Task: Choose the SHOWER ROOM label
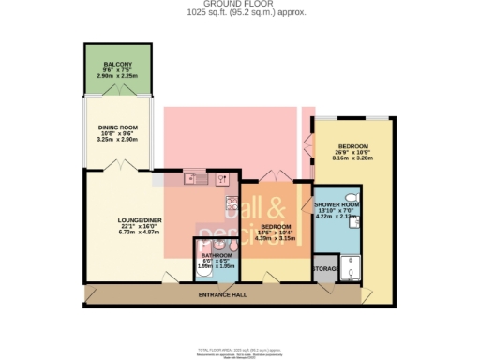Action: tap(337, 204)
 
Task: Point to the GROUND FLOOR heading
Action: tap(240, 5)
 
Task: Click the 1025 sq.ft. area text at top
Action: tap(240, 13)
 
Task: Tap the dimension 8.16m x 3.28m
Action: tap(353, 159)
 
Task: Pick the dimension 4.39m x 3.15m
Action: tap(277, 238)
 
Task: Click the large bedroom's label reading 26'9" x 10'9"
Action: tap(353, 154)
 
